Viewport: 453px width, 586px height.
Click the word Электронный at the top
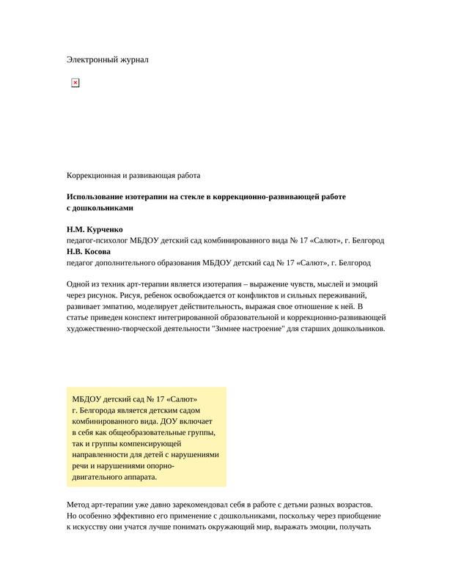tap(91, 59)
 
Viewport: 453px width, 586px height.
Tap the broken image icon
tap(75, 84)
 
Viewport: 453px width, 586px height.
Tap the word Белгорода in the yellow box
tap(99, 410)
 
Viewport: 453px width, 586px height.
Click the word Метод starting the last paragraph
tap(79, 504)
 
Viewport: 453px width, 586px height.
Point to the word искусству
tap(92, 526)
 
